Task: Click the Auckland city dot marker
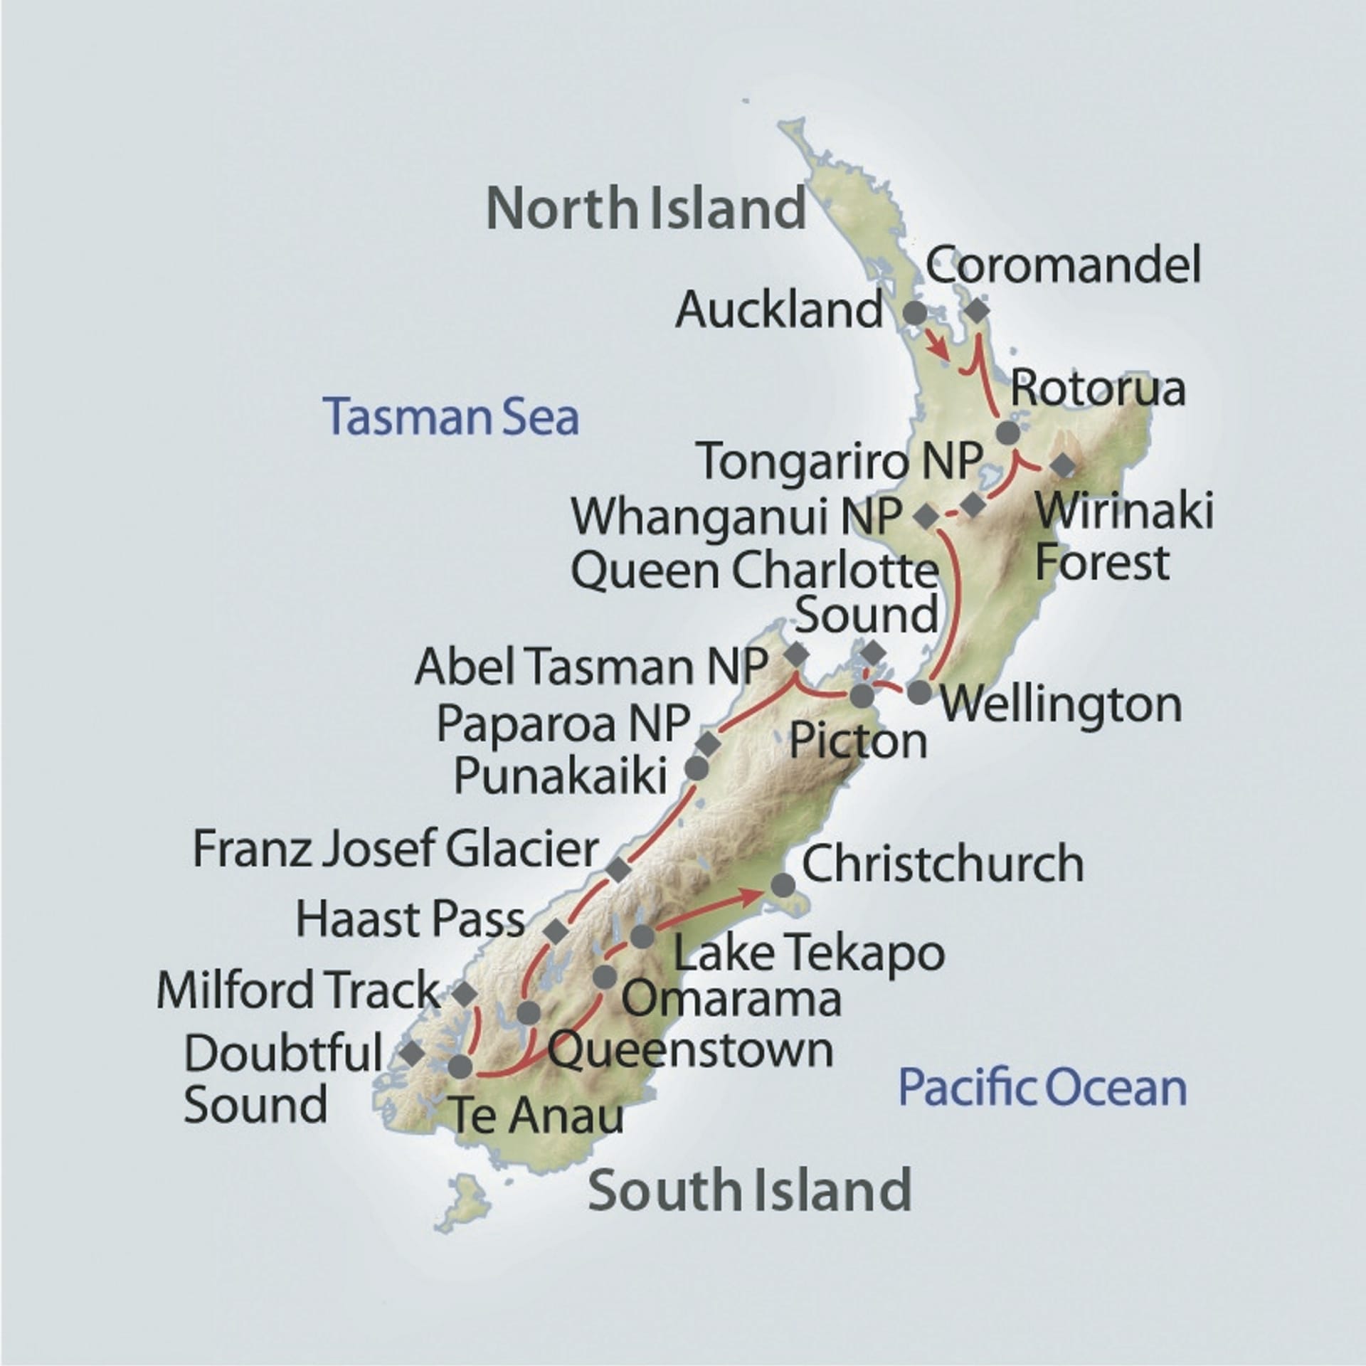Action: point(914,312)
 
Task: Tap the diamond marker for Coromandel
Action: point(977,311)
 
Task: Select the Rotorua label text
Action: point(1098,388)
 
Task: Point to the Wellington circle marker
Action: point(919,692)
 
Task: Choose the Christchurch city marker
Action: point(783,885)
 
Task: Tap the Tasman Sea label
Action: point(451,418)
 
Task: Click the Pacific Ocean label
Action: point(1043,1088)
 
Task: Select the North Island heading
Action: point(646,208)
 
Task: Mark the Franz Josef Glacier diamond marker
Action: point(618,869)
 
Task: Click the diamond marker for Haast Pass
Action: point(556,930)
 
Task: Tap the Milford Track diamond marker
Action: point(465,993)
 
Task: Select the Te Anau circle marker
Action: point(460,1065)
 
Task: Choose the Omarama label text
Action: point(731,999)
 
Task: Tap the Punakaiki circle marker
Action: point(696,768)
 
